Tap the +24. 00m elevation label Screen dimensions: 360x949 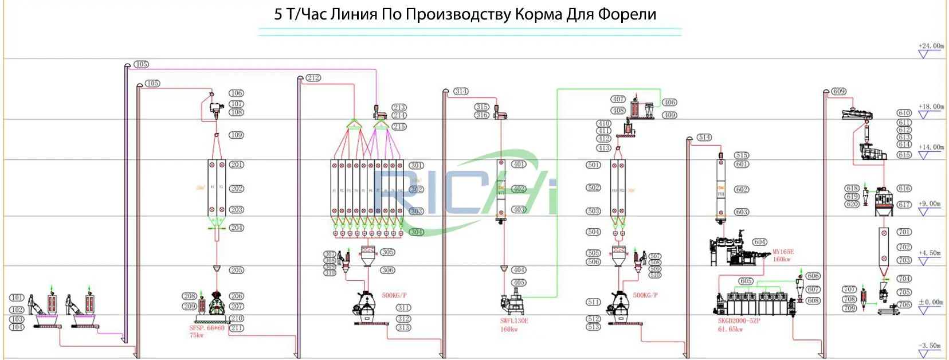tap(931, 46)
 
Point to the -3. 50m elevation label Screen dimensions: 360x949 tap(930, 346)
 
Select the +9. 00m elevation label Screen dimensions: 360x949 tap(930, 204)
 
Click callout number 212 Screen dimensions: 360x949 tap(313, 78)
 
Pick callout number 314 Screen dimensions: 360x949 tap(461, 91)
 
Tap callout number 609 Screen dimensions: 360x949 tap(839, 91)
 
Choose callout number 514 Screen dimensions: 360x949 tap(704, 138)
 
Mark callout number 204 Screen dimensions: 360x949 tap(237, 228)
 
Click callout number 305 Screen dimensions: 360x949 tap(388, 252)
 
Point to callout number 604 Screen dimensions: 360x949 tap(760, 242)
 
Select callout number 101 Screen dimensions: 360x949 tap(17, 298)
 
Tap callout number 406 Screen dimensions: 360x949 tap(669, 103)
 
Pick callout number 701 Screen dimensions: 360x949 tap(904, 232)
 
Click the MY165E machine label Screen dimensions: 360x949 tap(783, 252)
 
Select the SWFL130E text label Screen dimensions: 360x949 tap(513, 321)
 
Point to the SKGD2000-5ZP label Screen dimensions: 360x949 tap(739, 321)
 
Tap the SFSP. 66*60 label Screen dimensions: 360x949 tap(207, 328)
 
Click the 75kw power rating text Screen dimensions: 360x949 tap(197, 335)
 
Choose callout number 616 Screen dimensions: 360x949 tap(904, 189)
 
